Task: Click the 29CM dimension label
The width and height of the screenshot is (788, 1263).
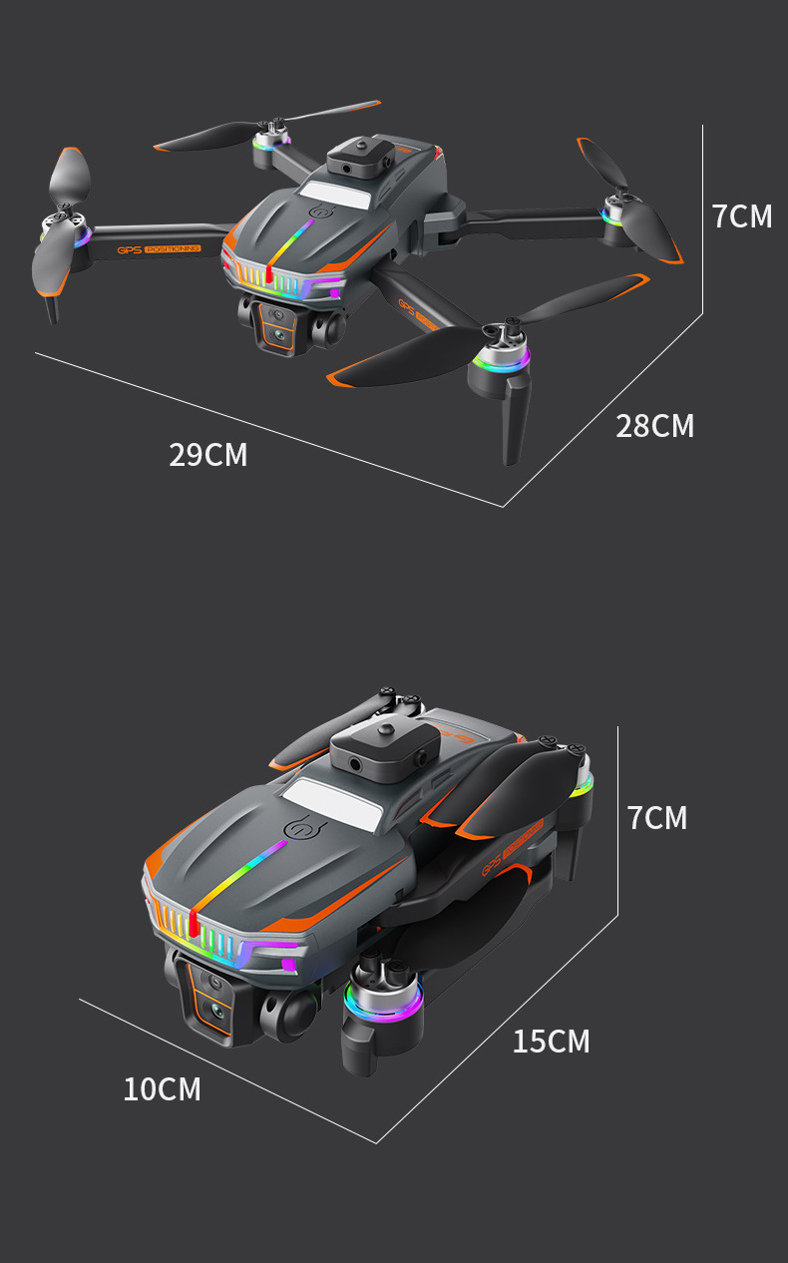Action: click(x=207, y=455)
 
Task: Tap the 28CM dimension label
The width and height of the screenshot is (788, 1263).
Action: click(x=654, y=426)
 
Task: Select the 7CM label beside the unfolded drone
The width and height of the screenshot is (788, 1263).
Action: click(x=741, y=216)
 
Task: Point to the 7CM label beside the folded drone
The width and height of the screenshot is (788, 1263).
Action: click(x=657, y=818)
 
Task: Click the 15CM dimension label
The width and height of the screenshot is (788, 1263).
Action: click(x=551, y=1042)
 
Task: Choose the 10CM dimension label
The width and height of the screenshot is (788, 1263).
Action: click(x=162, y=1089)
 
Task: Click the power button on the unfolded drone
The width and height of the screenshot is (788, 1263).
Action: click(x=320, y=212)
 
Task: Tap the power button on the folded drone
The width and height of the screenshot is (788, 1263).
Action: click(x=301, y=827)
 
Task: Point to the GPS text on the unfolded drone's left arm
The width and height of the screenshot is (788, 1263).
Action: click(x=130, y=249)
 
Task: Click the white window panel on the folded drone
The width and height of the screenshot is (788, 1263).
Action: click(x=333, y=803)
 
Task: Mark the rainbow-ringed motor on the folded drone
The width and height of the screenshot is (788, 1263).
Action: click(x=384, y=996)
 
